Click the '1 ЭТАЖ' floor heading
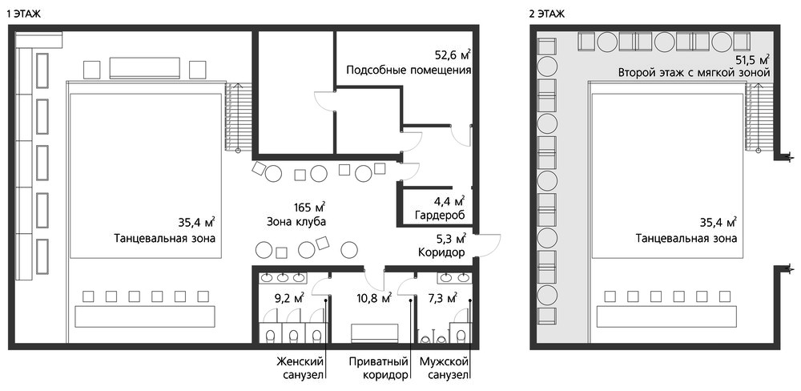point(23,14)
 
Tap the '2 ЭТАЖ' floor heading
point(547,14)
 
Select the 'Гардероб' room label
point(440,216)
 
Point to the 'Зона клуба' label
point(296,222)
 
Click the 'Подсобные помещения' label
point(409,70)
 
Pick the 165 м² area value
point(309,207)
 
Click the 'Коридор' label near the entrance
point(441,252)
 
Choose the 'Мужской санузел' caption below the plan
point(444,369)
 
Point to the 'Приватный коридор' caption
point(379,369)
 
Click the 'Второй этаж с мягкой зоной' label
point(694,73)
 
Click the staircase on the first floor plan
point(232,117)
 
